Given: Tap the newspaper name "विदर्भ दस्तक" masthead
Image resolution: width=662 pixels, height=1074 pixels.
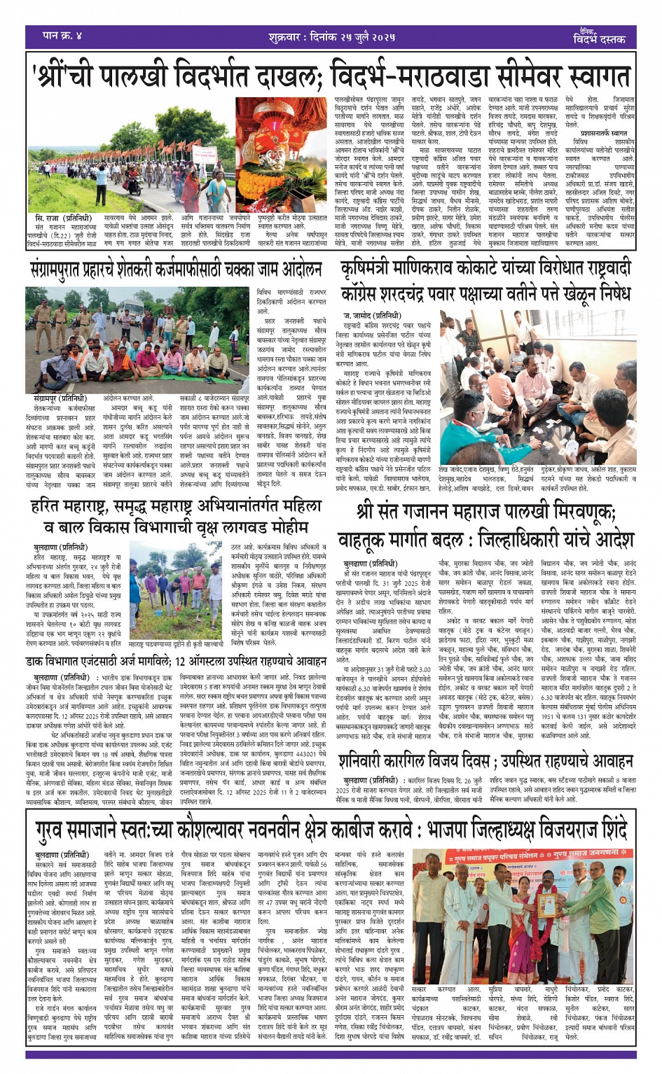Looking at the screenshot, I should click(600, 39).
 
